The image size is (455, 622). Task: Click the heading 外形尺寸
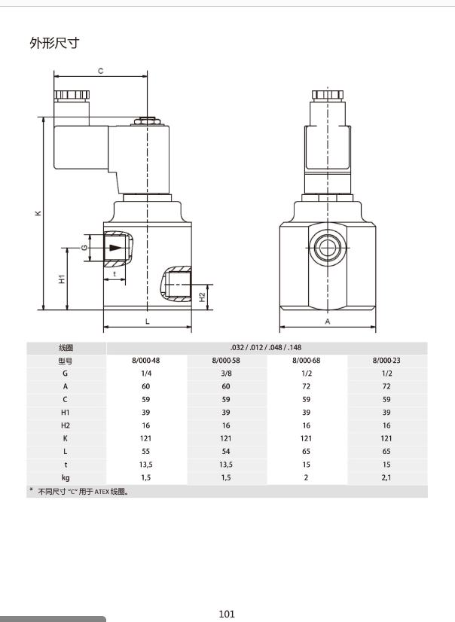[54, 43]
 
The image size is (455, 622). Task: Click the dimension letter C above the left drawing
[101, 71]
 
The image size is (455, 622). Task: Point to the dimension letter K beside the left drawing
[38, 213]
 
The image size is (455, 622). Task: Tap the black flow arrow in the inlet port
[116, 248]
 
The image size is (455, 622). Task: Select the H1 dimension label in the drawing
[62, 279]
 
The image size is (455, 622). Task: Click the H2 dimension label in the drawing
[203, 297]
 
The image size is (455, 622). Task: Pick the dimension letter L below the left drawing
[147, 322]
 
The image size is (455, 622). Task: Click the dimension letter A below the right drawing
[328, 322]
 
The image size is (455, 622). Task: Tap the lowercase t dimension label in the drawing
[115, 273]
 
